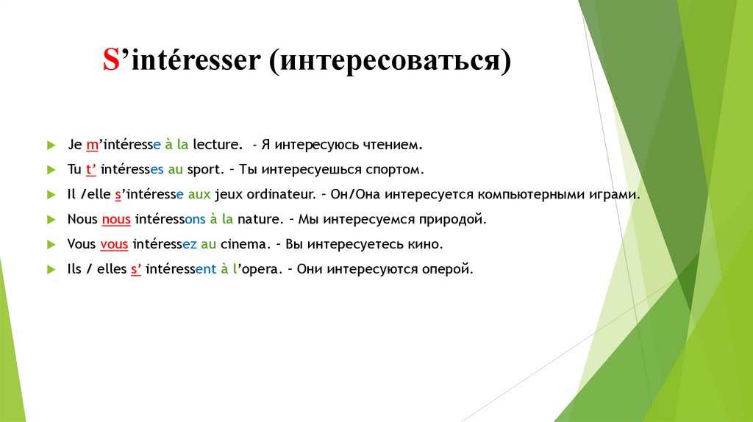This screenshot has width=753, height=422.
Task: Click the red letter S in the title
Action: [x=110, y=61]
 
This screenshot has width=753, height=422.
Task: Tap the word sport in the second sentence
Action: [x=204, y=169]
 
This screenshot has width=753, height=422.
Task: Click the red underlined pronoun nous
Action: [x=115, y=219]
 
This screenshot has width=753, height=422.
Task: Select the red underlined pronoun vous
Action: [x=115, y=244]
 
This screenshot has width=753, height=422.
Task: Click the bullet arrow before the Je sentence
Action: [x=49, y=145]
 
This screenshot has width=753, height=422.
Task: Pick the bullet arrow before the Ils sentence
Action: [x=49, y=270]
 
